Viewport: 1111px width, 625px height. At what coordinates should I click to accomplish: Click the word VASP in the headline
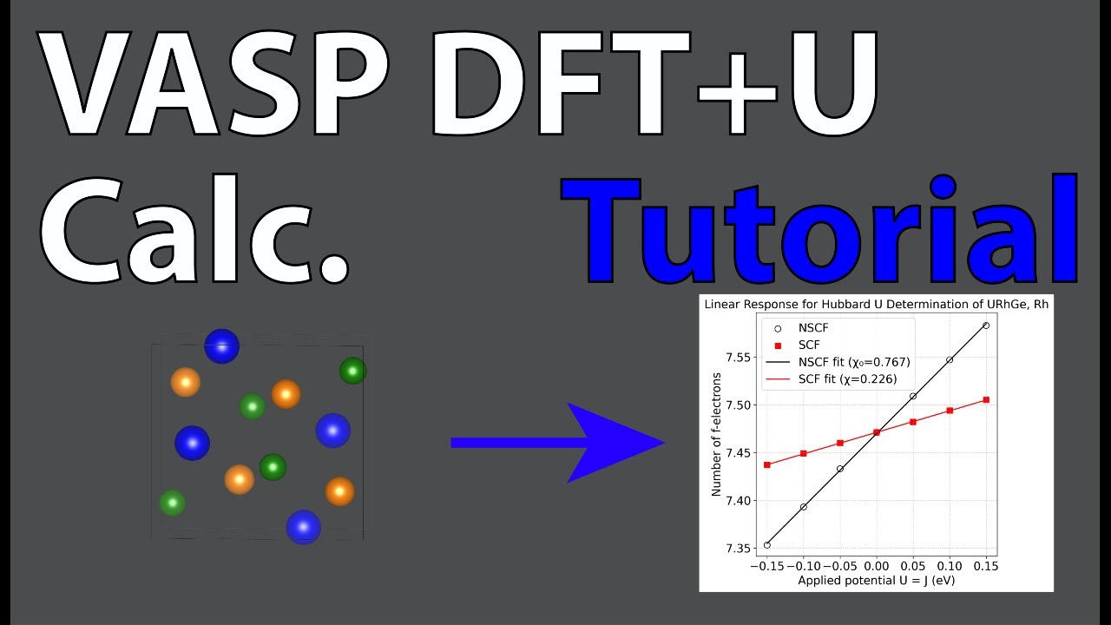(x=213, y=87)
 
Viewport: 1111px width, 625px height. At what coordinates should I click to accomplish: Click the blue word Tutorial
(x=820, y=230)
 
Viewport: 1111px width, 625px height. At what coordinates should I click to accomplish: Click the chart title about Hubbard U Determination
(x=877, y=305)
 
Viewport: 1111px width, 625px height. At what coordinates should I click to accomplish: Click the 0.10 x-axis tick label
(x=950, y=566)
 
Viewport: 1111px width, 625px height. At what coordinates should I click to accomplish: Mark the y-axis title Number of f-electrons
(x=717, y=434)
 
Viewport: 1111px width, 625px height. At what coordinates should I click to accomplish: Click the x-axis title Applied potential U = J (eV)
(x=877, y=580)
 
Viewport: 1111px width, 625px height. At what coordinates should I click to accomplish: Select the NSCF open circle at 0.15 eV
(x=986, y=326)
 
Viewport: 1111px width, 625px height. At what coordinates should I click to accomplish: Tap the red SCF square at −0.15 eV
(x=767, y=464)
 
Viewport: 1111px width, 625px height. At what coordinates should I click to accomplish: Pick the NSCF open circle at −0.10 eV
(x=804, y=506)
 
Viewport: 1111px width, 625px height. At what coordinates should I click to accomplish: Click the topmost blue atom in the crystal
(x=221, y=345)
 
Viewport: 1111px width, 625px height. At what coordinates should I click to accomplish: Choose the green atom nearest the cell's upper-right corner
(x=352, y=371)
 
